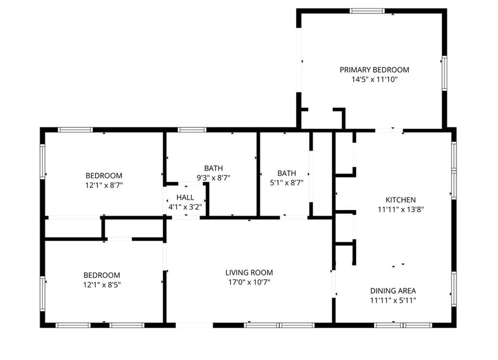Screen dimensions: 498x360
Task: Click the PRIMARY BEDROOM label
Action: point(374,70)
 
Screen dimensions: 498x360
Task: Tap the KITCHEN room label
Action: point(401,200)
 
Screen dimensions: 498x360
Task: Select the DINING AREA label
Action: point(393,291)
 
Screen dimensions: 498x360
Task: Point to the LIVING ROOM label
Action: point(249,272)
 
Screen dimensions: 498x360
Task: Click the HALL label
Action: point(185,198)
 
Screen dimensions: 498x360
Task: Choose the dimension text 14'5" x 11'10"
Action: point(374,79)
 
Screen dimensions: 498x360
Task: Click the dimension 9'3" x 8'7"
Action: point(213,178)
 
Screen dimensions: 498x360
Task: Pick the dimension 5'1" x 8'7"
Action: point(286,183)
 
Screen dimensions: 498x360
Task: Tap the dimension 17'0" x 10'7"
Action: point(249,282)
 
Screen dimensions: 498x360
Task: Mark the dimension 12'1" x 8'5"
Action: point(102,285)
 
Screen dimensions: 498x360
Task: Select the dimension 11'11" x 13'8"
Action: point(401,209)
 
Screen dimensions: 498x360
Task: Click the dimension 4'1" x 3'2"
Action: point(185,207)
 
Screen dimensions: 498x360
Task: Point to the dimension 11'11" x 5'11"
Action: point(393,300)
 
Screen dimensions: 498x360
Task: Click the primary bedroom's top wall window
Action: point(367,11)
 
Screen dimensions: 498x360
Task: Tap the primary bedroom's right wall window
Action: point(445,73)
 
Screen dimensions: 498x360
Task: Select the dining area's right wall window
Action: point(454,289)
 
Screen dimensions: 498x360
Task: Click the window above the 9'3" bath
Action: point(192,129)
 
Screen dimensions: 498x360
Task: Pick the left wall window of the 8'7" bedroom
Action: point(42,162)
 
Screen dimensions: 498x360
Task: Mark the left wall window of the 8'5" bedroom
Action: point(42,293)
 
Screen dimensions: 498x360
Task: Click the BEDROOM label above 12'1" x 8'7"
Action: point(104,176)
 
